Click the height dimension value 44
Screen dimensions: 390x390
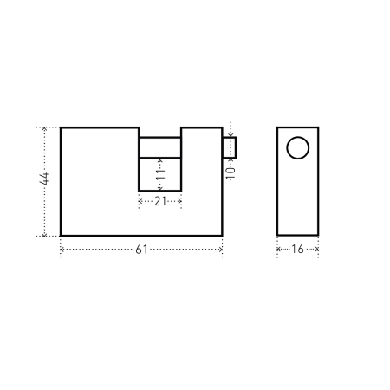pyautogui.click(x=44, y=181)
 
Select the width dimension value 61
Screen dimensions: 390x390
pyautogui.click(x=141, y=250)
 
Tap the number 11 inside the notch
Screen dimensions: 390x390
pyautogui.click(x=159, y=173)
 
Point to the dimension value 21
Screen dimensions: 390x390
pyautogui.click(x=159, y=201)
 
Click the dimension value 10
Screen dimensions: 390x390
pyautogui.click(x=230, y=172)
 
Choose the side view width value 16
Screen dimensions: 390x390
pyautogui.click(x=297, y=250)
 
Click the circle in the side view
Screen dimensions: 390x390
pyautogui.click(x=297, y=148)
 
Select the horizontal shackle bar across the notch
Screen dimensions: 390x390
pyautogui.click(x=159, y=146)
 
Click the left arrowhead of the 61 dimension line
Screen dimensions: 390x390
pyautogui.click(x=62, y=250)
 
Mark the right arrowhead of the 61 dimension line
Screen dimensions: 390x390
pyautogui.click(x=222, y=250)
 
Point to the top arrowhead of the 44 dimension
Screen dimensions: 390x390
pyautogui.click(x=44, y=129)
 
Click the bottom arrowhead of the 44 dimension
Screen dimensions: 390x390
pyautogui.click(x=44, y=234)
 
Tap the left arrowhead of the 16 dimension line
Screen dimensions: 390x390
pyautogui.click(x=278, y=250)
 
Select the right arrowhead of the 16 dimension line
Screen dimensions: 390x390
pyautogui.click(x=317, y=250)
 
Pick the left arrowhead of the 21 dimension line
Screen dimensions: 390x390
pyautogui.click(x=140, y=201)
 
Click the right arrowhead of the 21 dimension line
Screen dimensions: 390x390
pyautogui.click(x=179, y=201)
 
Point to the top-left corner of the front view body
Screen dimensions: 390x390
pyautogui.click(x=60, y=127)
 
